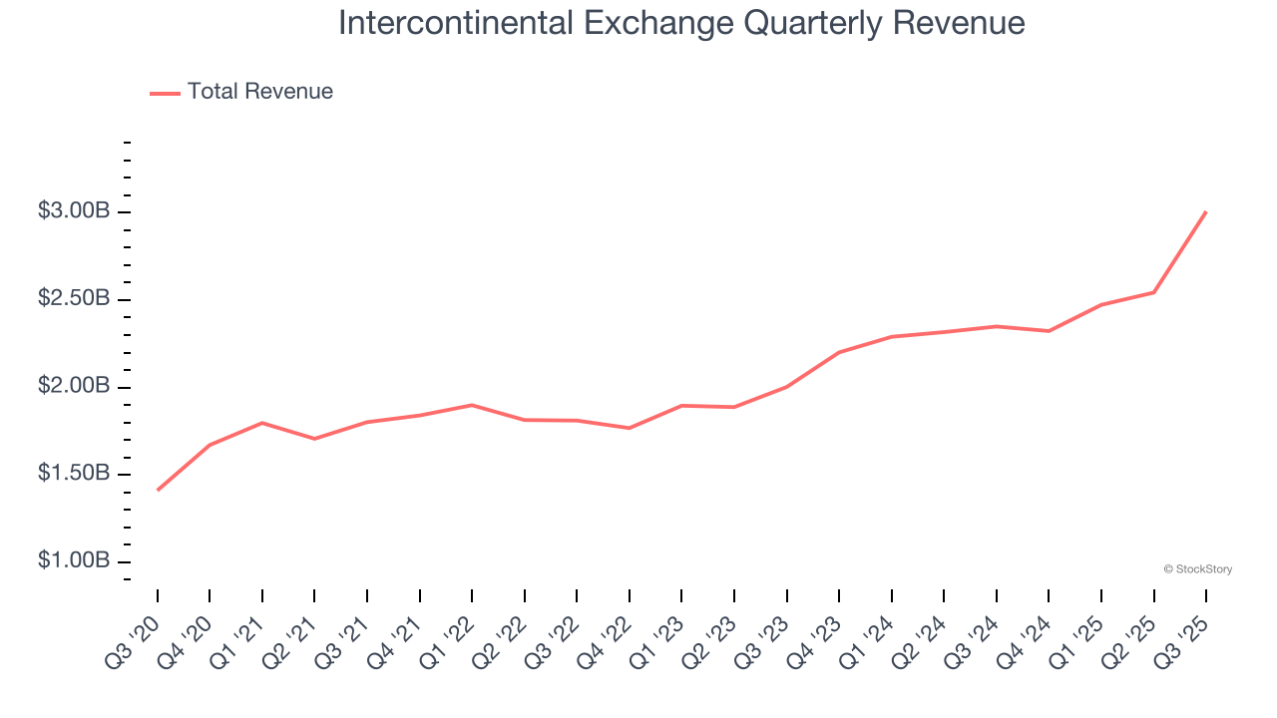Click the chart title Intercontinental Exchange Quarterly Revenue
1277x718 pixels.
click(681, 22)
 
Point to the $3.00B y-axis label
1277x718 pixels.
click(74, 211)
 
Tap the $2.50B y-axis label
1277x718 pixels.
click(74, 299)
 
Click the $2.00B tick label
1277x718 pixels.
click(74, 386)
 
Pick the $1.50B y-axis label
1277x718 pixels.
click(74, 474)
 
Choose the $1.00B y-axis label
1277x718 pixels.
click(74, 561)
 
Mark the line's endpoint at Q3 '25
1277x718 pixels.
click(1206, 211)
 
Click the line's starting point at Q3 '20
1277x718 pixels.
click(158, 490)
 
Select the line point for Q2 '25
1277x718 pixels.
click(1154, 292)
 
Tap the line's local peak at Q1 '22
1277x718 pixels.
click(472, 405)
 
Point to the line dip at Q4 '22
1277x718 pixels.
click(630, 428)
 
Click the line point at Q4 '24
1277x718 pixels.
click(1050, 331)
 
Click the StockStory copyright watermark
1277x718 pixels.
click(1197, 569)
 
